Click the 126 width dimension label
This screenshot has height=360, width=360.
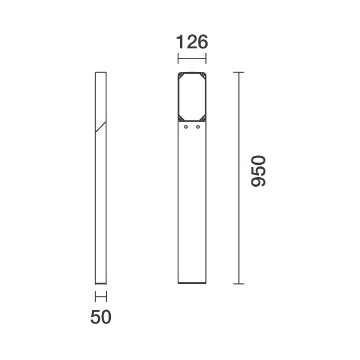point(192,42)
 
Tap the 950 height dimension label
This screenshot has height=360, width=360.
point(259,171)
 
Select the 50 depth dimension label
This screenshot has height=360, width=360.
point(101,317)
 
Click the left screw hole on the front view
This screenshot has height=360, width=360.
point(186,127)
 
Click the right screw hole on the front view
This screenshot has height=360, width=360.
point(198,127)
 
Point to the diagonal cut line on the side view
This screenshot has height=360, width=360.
point(101,127)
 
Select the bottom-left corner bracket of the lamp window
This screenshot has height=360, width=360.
point(181,118)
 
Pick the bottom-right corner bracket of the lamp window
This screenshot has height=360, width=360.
point(203,118)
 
